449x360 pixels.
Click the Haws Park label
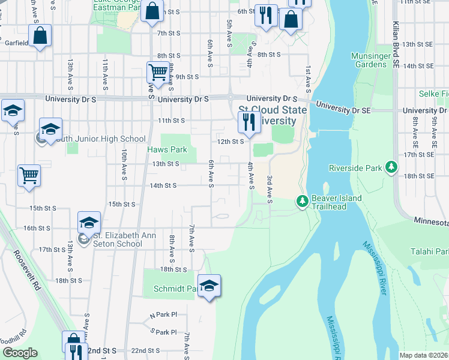[x=167, y=149]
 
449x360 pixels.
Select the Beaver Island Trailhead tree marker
[x=302, y=202]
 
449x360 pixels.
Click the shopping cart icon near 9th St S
[x=157, y=72]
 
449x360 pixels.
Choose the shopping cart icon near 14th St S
[x=29, y=175]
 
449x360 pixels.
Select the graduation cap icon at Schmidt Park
[x=209, y=285]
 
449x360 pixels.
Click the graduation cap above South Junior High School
[x=51, y=128]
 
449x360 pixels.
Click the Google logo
[x=20, y=353]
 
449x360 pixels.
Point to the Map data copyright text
[x=423, y=355]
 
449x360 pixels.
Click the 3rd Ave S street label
[x=270, y=188]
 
